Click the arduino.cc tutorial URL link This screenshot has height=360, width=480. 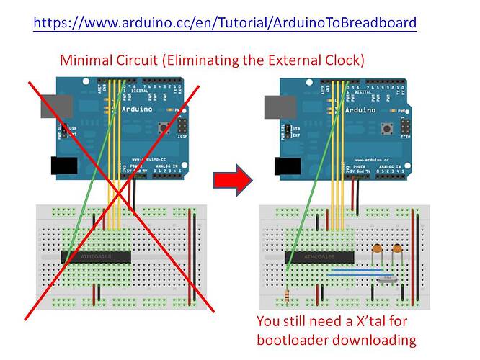225,22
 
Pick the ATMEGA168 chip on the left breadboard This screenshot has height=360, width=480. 96,256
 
